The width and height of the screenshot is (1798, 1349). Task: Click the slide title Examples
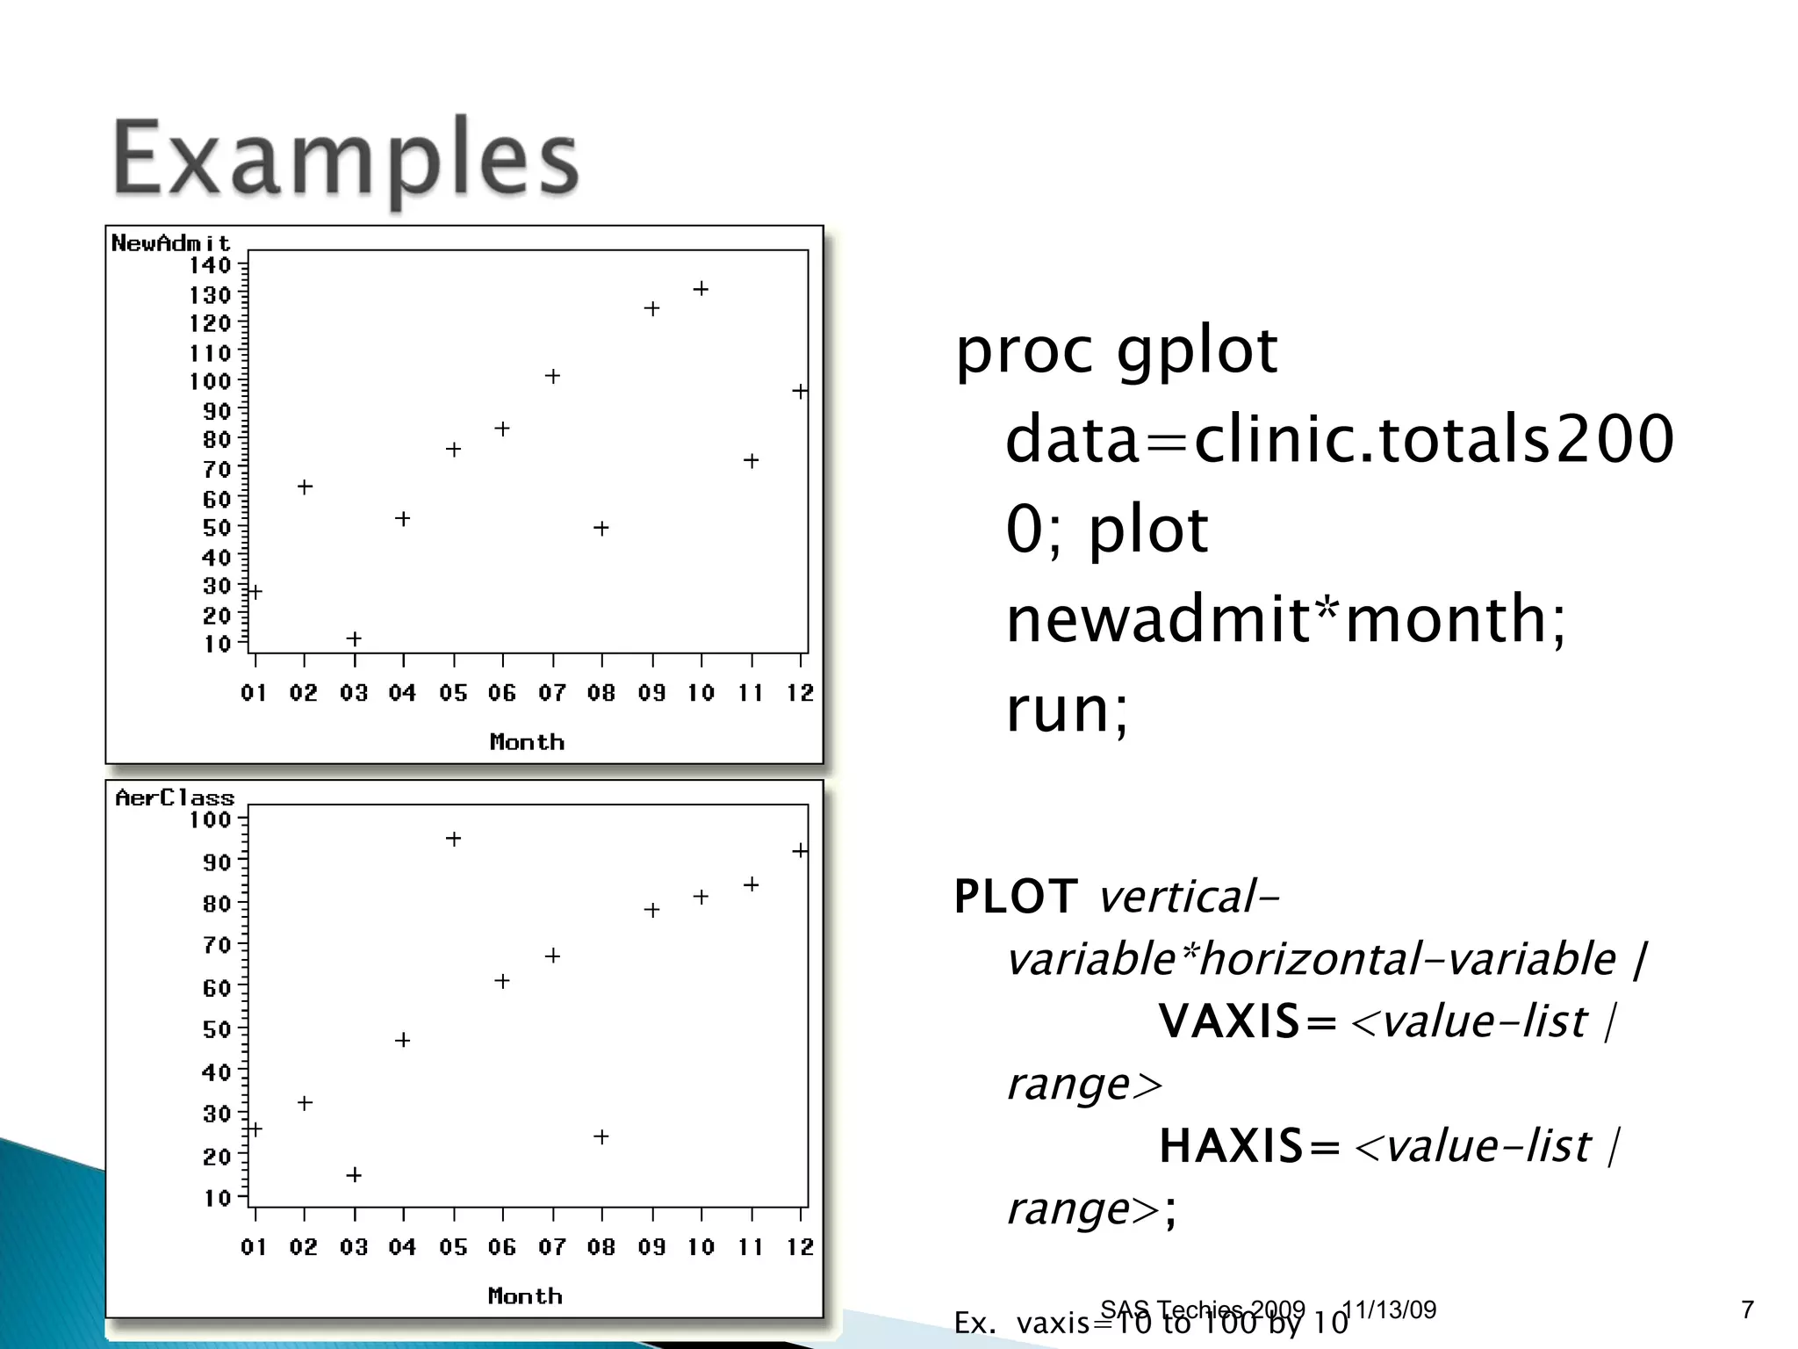pyautogui.click(x=346, y=160)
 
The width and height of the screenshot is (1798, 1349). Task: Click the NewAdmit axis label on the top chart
pyautogui.click(x=170, y=243)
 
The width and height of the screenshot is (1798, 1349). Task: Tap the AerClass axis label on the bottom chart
pyautogui.click(x=175, y=797)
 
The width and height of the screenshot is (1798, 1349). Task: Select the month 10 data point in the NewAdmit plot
pyautogui.click(x=701, y=289)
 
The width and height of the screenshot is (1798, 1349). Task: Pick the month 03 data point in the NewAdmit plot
pyautogui.click(x=354, y=638)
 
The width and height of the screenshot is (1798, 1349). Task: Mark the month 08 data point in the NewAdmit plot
pyautogui.click(x=601, y=529)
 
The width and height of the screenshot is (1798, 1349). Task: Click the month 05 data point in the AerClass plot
pyautogui.click(x=453, y=839)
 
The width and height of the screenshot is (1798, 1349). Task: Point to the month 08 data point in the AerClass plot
pyautogui.click(x=601, y=1136)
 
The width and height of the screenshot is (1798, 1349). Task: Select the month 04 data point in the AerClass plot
pyautogui.click(x=403, y=1040)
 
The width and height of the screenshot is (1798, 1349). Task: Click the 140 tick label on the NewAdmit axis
pyautogui.click(x=210, y=265)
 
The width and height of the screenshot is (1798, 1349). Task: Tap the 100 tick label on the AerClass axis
pyautogui.click(x=210, y=820)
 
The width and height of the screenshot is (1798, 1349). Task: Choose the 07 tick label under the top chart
pyautogui.click(x=552, y=693)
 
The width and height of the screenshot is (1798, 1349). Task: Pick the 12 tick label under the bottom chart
pyautogui.click(x=800, y=1247)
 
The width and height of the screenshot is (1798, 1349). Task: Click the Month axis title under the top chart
pyautogui.click(x=527, y=742)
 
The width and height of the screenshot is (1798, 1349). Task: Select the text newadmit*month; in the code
pyautogui.click(x=1285, y=619)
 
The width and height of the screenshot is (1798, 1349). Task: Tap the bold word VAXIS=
pyautogui.click(x=1247, y=1021)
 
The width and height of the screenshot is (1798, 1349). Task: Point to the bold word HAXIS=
pyautogui.click(x=1248, y=1146)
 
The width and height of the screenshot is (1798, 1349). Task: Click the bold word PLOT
pyautogui.click(x=1016, y=897)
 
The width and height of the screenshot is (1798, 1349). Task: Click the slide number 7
pyautogui.click(x=1747, y=1309)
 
